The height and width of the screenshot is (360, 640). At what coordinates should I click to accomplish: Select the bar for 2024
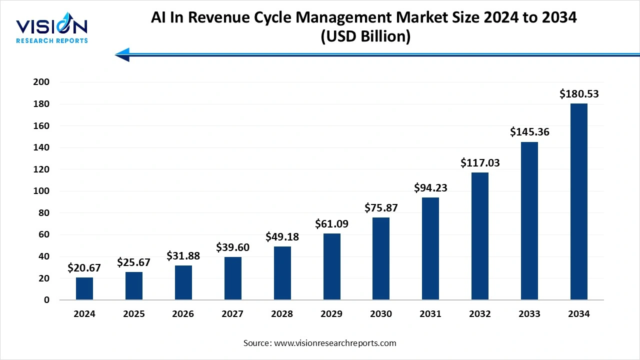tap(84, 288)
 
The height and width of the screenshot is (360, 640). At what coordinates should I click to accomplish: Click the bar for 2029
tap(331, 266)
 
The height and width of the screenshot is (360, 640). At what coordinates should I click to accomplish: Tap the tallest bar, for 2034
tap(579, 201)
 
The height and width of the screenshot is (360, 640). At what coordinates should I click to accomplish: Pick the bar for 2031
tap(430, 248)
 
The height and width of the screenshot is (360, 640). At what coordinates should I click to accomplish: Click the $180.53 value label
tap(579, 93)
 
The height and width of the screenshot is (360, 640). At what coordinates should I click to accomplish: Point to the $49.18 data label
tap(282, 236)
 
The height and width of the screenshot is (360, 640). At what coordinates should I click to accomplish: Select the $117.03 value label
tap(480, 162)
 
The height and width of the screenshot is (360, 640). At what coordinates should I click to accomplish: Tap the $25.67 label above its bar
tap(134, 262)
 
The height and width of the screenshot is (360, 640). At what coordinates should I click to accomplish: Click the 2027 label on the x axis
tap(232, 314)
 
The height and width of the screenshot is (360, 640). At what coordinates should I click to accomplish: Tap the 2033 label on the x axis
tap(529, 314)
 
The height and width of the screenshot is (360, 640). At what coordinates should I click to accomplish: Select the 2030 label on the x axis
tap(381, 314)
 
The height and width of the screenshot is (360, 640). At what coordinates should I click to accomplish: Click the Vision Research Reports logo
tap(51, 30)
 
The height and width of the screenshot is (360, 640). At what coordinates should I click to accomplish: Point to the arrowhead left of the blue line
tap(122, 54)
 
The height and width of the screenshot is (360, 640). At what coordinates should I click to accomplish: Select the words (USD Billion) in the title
tap(363, 36)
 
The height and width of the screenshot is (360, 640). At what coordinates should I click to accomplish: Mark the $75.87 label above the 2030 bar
tap(381, 207)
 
